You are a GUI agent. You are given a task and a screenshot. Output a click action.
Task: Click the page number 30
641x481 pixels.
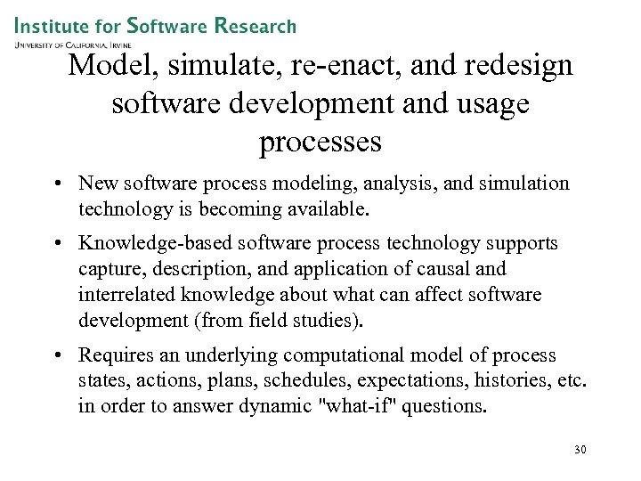coord(580,450)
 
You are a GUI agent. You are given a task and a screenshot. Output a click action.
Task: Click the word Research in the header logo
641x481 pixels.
coord(256,26)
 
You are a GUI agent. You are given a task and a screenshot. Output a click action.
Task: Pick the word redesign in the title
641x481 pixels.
coord(515,66)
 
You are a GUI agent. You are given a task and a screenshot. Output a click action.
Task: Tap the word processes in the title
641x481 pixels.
coord(320,143)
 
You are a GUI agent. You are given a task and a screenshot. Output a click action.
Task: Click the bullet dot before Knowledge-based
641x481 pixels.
coord(55,244)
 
